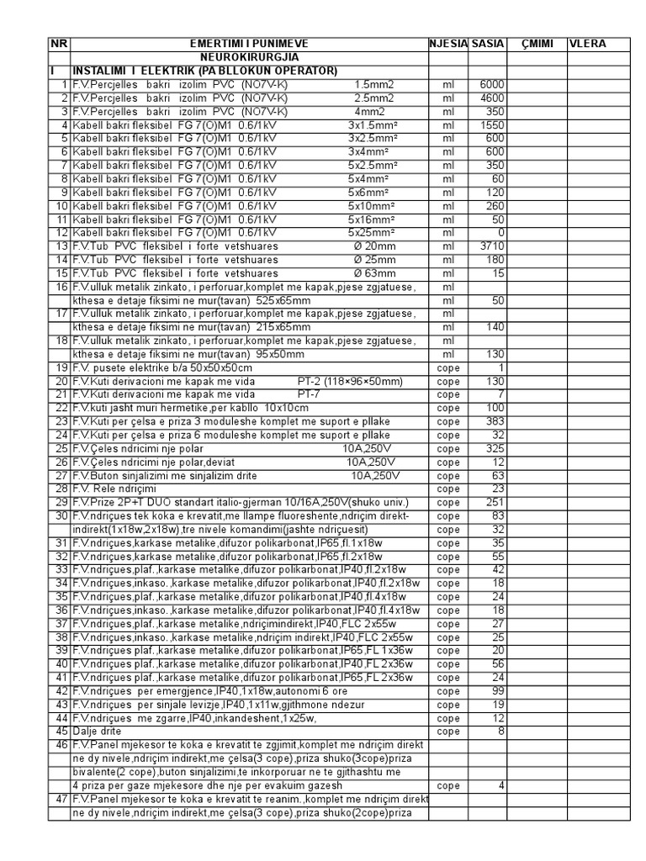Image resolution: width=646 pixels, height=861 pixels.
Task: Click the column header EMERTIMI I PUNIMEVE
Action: [x=249, y=43]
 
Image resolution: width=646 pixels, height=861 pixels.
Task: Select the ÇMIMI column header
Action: [x=537, y=43]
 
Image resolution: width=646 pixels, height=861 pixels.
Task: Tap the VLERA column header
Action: [x=587, y=43]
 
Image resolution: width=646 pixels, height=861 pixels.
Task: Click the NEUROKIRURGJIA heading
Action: [x=249, y=56]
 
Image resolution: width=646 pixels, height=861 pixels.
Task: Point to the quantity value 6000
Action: [x=492, y=84]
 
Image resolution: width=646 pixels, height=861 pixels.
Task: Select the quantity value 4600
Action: [x=492, y=98]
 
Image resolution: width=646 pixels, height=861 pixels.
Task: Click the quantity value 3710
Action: [x=492, y=246]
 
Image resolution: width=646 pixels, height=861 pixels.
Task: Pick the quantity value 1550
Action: [x=492, y=124]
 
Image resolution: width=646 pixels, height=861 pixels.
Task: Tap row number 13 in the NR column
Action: [x=61, y=246]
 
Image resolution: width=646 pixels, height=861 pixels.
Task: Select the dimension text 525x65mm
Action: [x=283, y=299]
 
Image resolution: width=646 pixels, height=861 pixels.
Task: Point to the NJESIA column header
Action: [x=447, y=43]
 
